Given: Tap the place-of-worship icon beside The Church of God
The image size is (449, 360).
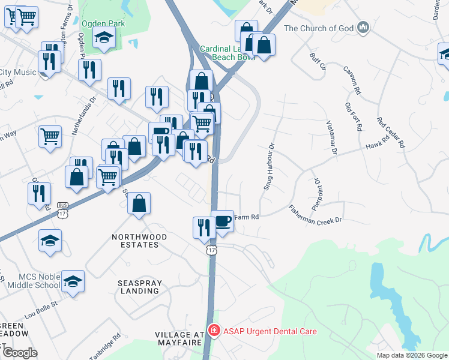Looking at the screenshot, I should tap(363, 28).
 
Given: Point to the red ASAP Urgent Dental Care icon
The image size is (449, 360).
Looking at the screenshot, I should tap(214, 331).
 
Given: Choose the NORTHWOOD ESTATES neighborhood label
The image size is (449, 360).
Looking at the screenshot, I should tap(136, 241).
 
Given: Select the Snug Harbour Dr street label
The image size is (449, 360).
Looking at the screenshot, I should tap(268, 167).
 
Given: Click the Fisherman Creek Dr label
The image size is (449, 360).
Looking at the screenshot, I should tap(315, 214).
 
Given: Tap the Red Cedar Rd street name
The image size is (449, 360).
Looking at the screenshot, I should tap(391, 132).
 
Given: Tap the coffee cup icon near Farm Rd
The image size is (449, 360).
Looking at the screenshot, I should tap(222, 220).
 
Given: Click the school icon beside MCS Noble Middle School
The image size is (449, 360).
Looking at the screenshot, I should tap(73, 281).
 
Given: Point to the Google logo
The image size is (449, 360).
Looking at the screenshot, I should tap(19, 352).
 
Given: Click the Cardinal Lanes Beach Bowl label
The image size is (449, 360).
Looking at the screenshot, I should tap(227, 53).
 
